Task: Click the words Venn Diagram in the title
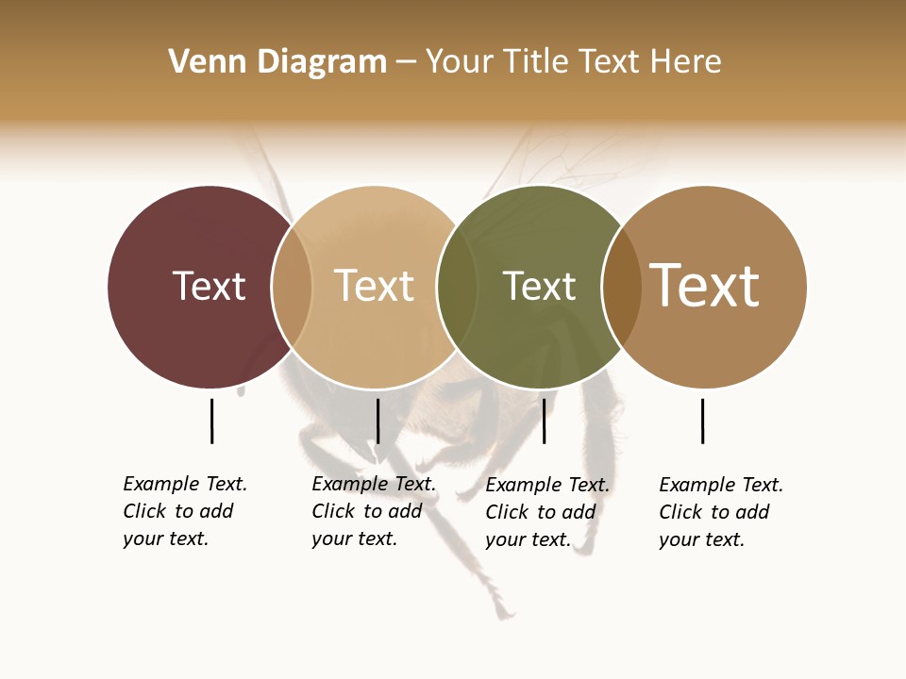(277, 62)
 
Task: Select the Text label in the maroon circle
(209, 286)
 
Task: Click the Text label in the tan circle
(374, 286)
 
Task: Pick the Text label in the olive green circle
(539, 286)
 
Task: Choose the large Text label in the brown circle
(704, 286)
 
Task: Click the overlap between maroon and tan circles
(292, 287)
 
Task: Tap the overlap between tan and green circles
(457, 287)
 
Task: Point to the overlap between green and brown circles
(621, 287)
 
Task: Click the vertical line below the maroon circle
(211, 421)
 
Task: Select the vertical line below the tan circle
(377, 421)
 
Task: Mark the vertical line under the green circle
(544, 421)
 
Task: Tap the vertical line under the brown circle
(702, 421)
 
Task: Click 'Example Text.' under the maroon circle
(185, 484)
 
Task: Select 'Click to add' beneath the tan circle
(366, 511)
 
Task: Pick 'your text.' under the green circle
(528, 539)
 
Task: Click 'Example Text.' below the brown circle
(721, 485)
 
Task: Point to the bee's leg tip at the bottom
(506, 614)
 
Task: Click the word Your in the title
(460, 62)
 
